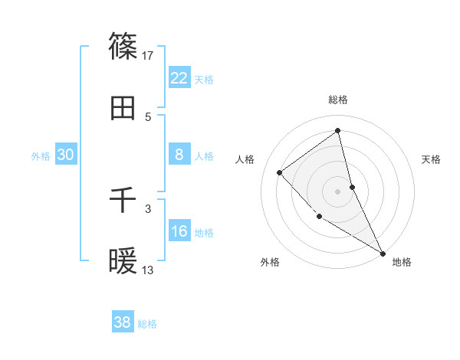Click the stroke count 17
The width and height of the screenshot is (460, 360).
coord(149,55)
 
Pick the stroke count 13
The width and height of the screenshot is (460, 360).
coord(149,270)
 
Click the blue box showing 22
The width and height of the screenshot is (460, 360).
coord(179,77)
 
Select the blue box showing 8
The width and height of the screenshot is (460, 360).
coord(179,155)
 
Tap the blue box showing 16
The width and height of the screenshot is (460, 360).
coord(179,231)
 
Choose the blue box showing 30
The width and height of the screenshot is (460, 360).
coord(65,155)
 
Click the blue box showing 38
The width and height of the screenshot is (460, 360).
coord(123,322)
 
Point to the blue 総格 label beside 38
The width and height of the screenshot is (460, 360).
coord(147,324)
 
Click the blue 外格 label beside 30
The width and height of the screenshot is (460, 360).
coord(41,156)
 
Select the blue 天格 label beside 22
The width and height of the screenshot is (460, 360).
coord(204,79)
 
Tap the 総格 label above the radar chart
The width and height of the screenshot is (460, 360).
coord(338,100)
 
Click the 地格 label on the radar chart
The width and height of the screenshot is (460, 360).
coord(402,263)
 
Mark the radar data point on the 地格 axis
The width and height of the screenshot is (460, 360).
coord(383,253)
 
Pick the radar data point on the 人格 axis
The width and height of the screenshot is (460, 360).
coord(280,172)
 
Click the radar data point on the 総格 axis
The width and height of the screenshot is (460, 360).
coord(338,131)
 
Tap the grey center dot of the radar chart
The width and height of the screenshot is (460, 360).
coord(338,191)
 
